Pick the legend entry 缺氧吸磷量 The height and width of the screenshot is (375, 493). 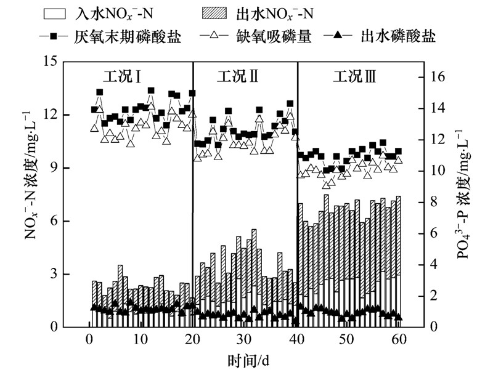coord(274,36)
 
